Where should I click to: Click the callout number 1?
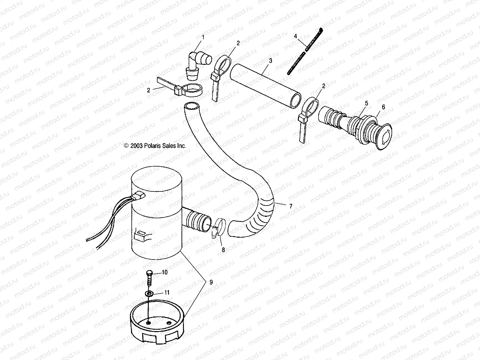point(203,37)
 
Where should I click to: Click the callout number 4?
point(295,36)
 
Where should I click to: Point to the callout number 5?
point(366,103)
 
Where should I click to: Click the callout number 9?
point(211,282)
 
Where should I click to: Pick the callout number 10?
point(165,272)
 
